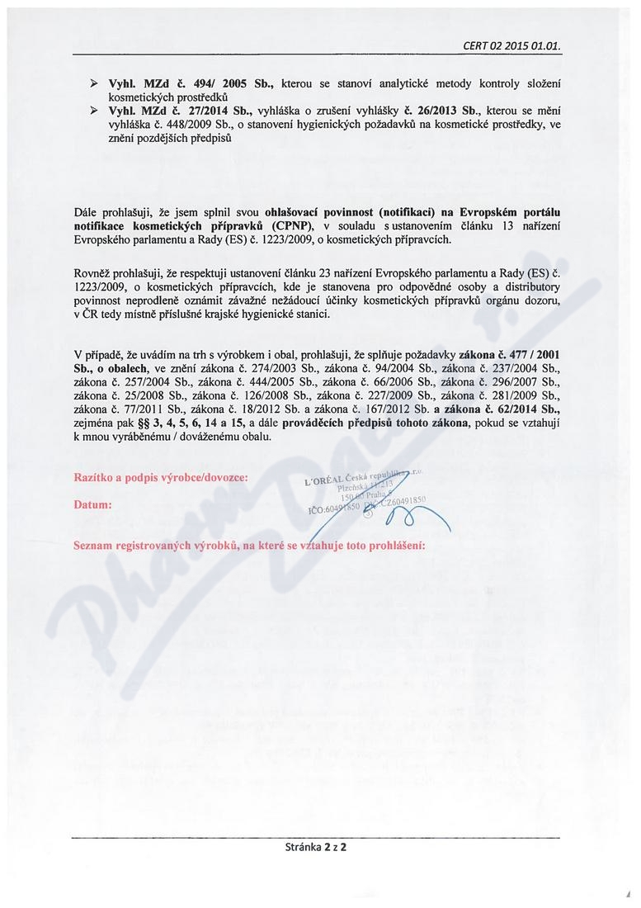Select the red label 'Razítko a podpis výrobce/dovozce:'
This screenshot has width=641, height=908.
160,477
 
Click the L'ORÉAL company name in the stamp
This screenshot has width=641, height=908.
329,482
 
